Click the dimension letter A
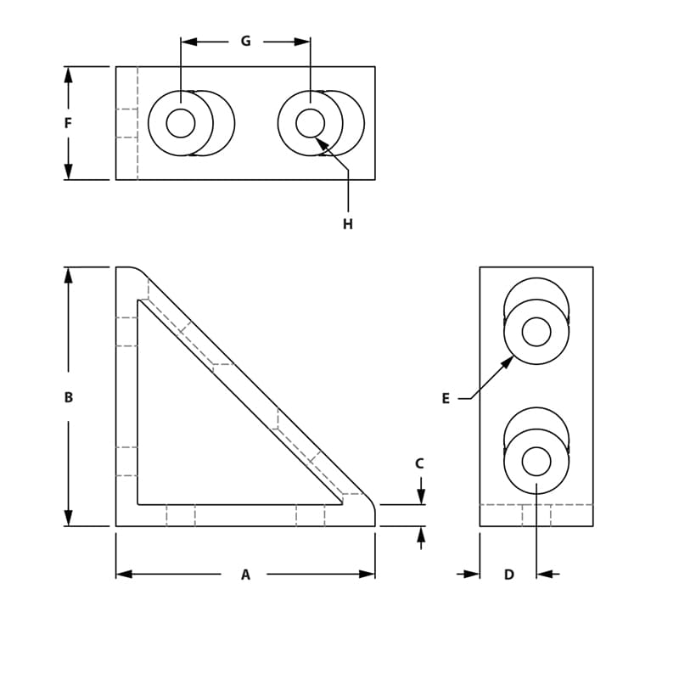point(245,575)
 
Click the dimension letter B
point(69,397)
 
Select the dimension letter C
point(419,463)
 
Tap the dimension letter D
point(509,575)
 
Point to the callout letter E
point(446,398)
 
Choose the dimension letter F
point(69,123)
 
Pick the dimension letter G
point(245,41)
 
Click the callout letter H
point(348,224)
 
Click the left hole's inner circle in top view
point(181,123)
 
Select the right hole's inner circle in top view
point(311,123)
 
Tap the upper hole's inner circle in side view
point(536,331)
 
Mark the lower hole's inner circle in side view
point(536,461)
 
